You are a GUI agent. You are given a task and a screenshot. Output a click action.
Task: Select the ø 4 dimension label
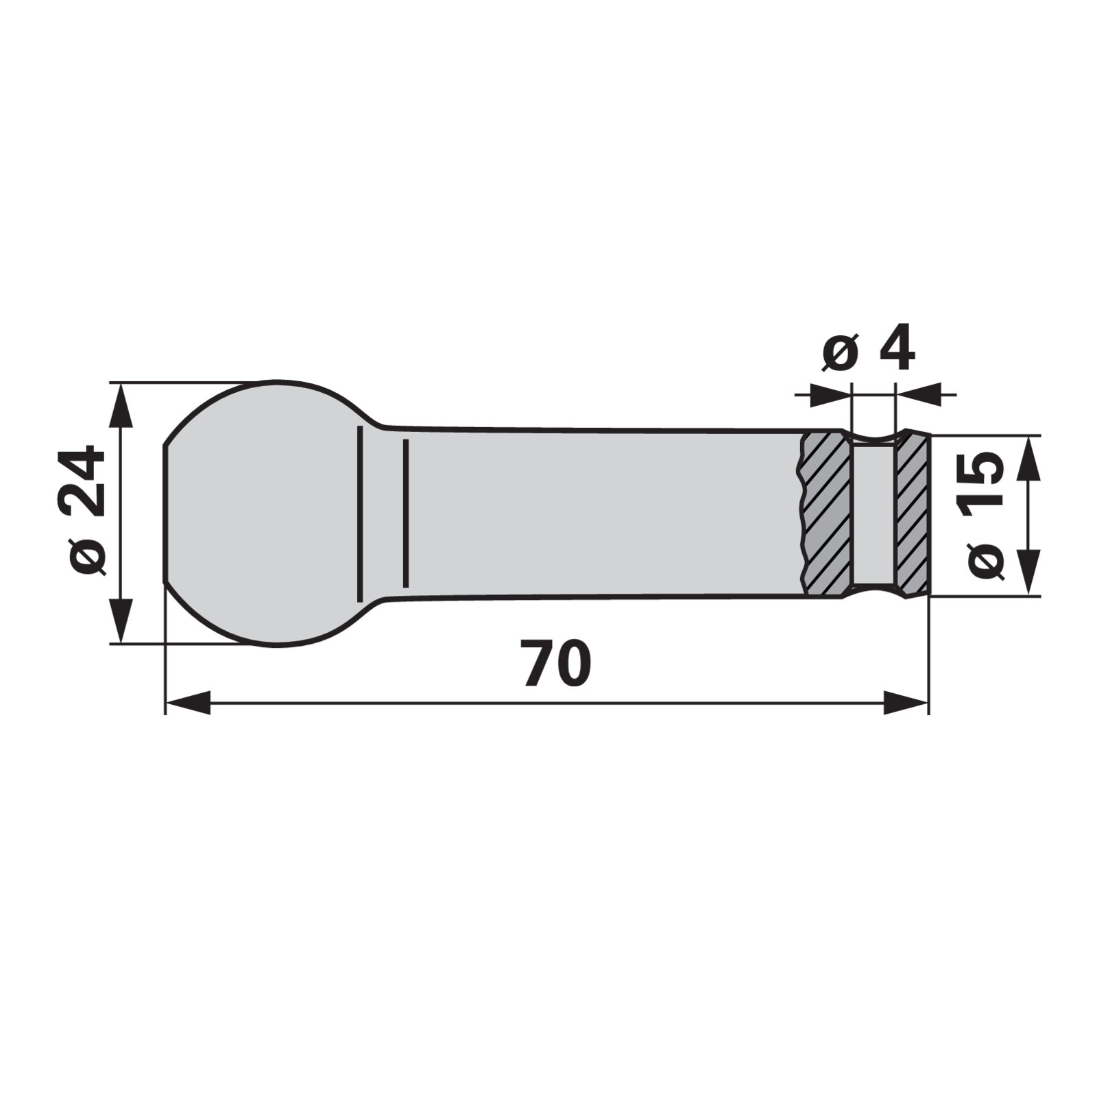(x=867, y=350)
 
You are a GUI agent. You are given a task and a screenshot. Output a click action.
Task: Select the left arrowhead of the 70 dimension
(x=188, y=703)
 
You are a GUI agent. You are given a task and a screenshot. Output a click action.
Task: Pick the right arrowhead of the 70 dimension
(x=906, y=703)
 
